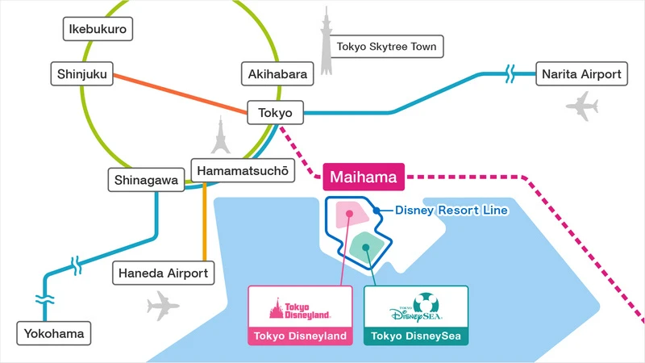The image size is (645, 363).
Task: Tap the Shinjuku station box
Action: point(82,73)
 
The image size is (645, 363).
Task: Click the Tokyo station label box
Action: point(275,113)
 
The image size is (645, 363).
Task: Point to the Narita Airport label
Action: point(580,74)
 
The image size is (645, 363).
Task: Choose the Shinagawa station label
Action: point(146,180)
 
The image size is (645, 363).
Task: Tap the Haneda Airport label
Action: point(164,273)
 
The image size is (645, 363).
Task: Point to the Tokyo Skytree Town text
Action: point(386,47)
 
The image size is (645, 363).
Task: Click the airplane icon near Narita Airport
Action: point(582,105)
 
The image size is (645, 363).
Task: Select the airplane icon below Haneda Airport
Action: point(164,306)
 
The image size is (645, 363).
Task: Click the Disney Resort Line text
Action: point(451,211)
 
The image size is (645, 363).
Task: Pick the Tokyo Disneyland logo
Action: point(299,307)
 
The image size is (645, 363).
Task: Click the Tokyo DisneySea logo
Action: point(415,307)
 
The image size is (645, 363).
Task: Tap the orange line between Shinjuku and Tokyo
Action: point(179,93)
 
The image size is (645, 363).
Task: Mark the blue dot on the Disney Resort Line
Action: point(377,211)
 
